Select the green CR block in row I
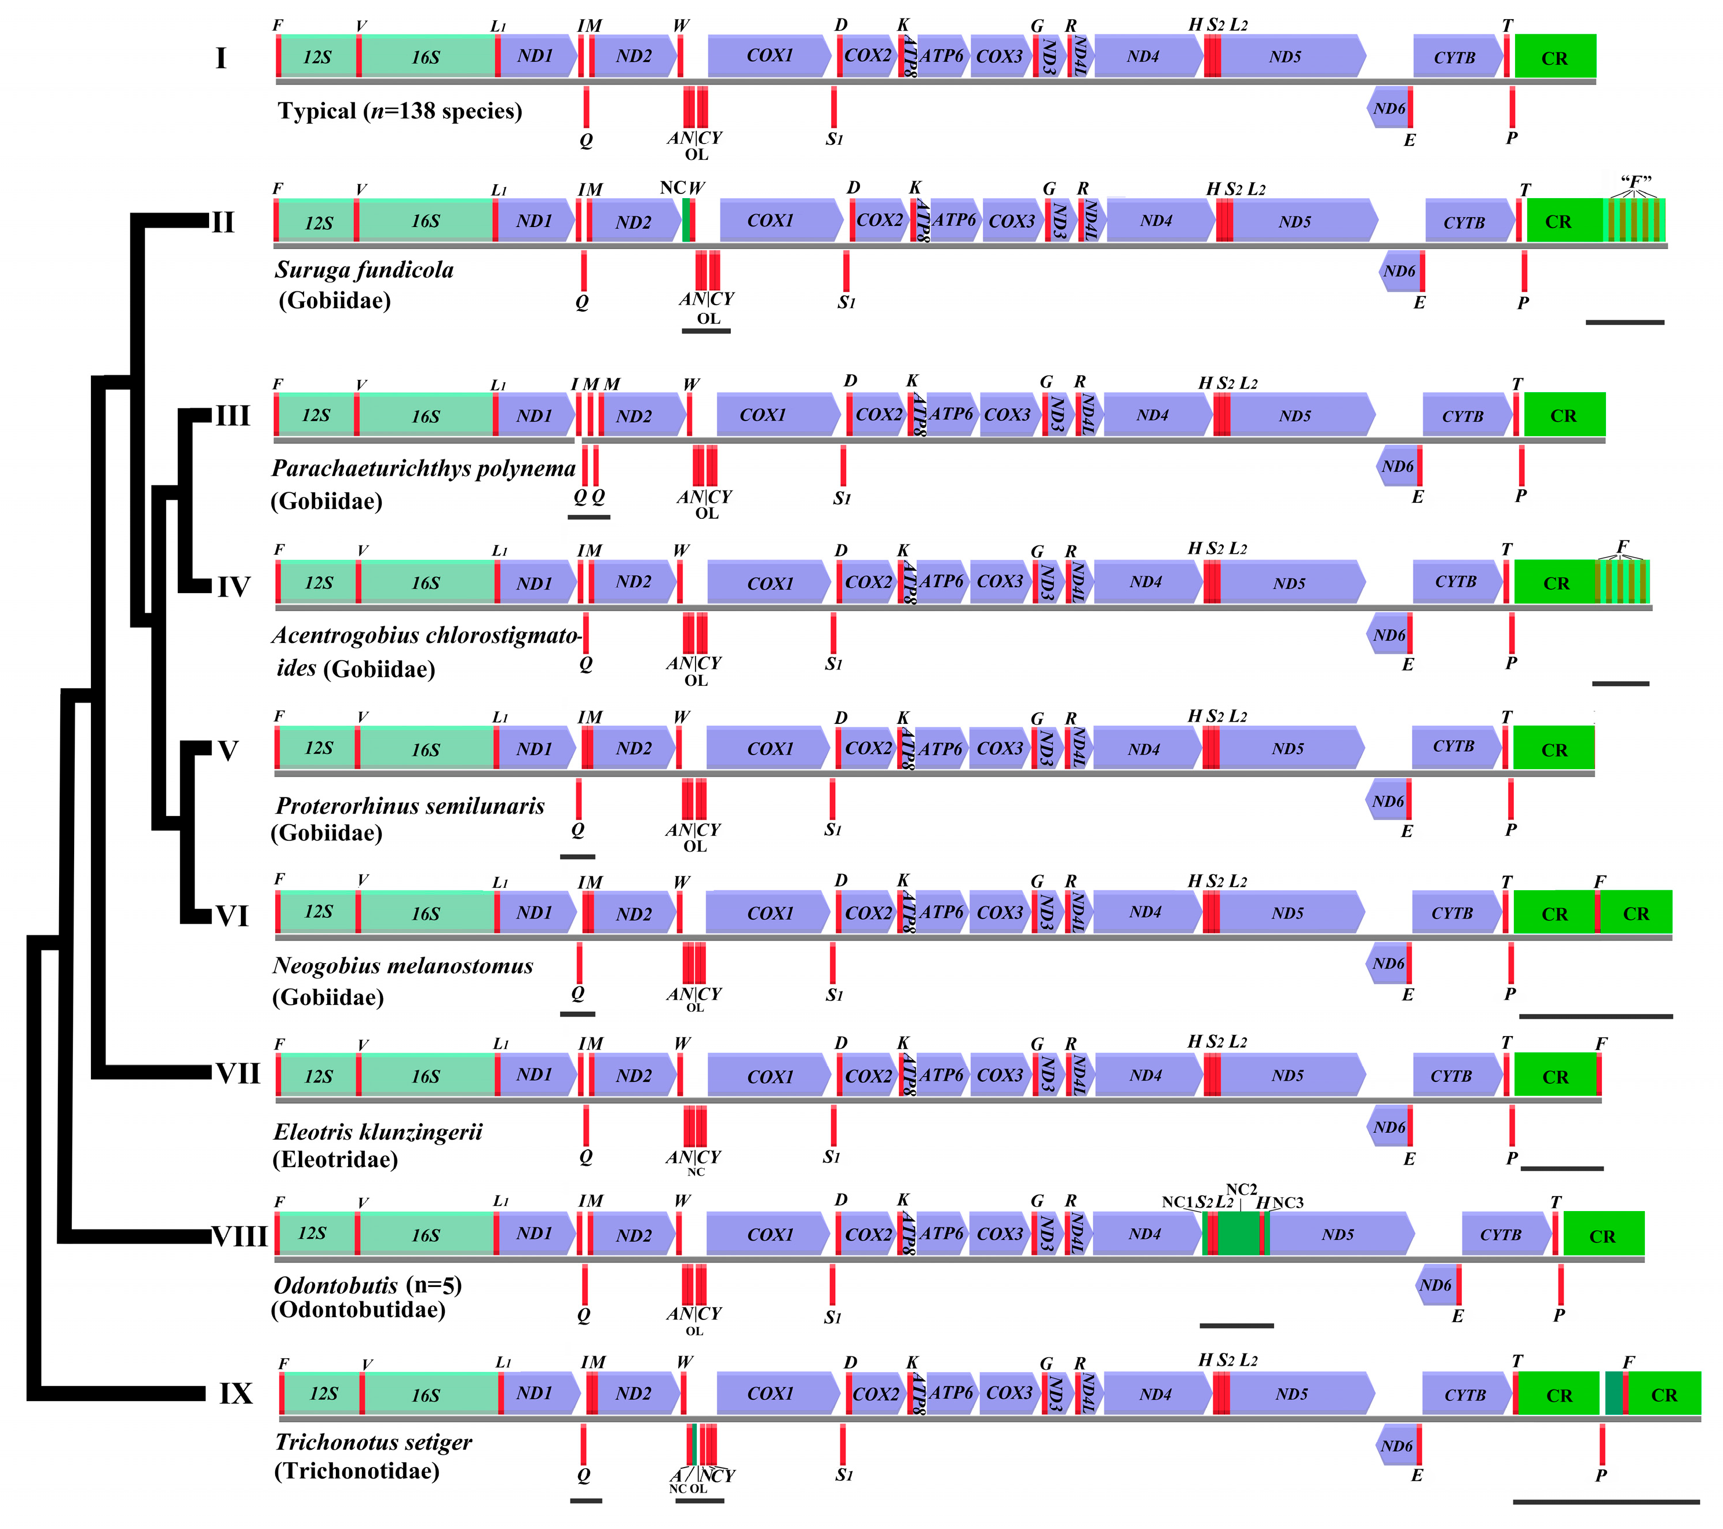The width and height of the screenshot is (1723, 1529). [1554, 57]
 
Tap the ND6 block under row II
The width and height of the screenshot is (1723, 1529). [1399, 272]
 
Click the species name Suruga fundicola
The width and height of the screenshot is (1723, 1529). [364, 270]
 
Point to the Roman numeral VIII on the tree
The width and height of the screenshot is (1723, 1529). [239, 1237]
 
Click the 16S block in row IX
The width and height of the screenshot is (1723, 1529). [426, 1395]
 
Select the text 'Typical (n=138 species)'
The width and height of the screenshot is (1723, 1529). [400, 111]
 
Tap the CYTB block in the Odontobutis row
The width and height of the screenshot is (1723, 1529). [1501, 1235]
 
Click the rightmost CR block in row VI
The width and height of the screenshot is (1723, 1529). [1636, 914]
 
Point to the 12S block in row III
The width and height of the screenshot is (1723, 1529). [316, 415]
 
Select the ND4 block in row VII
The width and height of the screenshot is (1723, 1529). [1146, 1076]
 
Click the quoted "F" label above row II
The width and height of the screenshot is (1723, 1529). [1636, 181]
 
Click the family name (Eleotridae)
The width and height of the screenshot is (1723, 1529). [335, 1160]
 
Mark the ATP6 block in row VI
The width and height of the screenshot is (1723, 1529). [941, 913]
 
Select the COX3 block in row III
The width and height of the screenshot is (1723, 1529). [1007, 415]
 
